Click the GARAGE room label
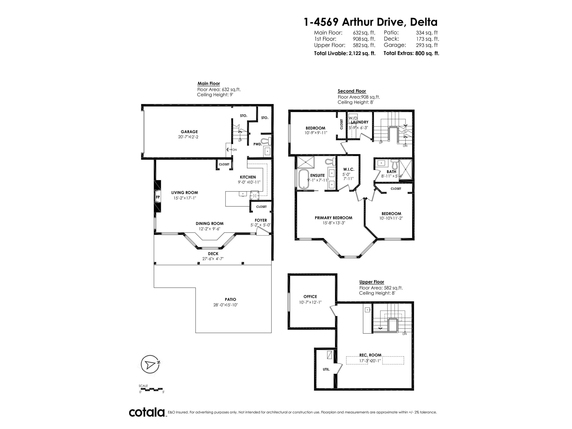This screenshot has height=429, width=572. tap(189, 132)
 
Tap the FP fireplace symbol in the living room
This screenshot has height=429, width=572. tap(157, 197)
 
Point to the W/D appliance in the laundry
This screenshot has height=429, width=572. tap(353, 118)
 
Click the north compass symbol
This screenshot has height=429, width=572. tap(150, 364)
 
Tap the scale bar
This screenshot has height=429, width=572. tap(151, 389)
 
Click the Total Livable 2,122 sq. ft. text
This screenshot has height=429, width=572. tap(345, 53)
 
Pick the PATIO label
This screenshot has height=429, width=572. tap(230, 300)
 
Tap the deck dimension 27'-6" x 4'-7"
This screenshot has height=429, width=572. tap(213, 259)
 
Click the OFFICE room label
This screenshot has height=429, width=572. tap(310, 297)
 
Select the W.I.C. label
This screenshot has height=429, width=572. tap(349, 169)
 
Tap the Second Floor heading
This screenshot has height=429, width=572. tap(352, 91)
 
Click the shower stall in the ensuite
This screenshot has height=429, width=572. tap(306, 162)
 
